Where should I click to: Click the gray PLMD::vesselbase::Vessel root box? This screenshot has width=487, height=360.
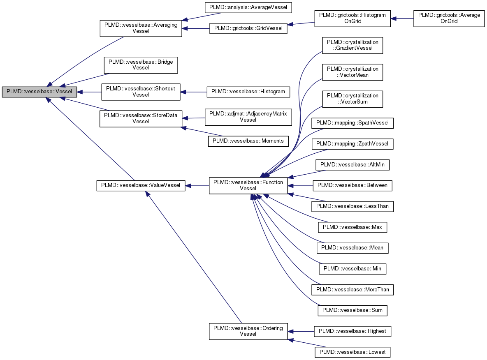pos(39,92)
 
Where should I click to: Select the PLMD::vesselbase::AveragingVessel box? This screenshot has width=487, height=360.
pos(141,28)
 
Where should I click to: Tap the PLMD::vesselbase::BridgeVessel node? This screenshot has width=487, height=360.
pos(141,65)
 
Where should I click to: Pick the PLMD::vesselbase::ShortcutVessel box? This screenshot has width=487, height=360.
pos(141,92)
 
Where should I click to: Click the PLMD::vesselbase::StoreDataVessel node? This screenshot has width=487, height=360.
pos(141,118)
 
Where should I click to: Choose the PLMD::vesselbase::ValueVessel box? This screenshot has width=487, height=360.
pos(141,185)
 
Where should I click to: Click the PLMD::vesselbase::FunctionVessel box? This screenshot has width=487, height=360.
pos(248,185)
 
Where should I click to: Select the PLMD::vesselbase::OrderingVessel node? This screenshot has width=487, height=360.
pos(248,331)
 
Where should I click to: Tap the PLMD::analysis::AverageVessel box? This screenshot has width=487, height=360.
pos(248,7)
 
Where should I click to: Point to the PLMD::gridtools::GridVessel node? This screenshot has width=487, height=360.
pos(248,29)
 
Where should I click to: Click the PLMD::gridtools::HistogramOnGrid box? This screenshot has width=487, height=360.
pos(352,18)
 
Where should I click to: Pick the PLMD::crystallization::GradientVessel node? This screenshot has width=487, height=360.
pos(352,45)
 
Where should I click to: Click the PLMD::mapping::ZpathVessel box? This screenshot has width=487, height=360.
pos(352,144)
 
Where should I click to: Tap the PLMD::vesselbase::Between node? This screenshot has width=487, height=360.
pos(352,185)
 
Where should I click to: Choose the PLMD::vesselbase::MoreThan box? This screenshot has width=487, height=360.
pos(352,290)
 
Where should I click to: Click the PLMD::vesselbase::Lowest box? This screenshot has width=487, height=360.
pos(352,352)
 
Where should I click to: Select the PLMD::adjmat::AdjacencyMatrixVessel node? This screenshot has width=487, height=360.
pos(248,117)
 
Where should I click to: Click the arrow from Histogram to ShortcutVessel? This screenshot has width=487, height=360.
pos(193,92)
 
